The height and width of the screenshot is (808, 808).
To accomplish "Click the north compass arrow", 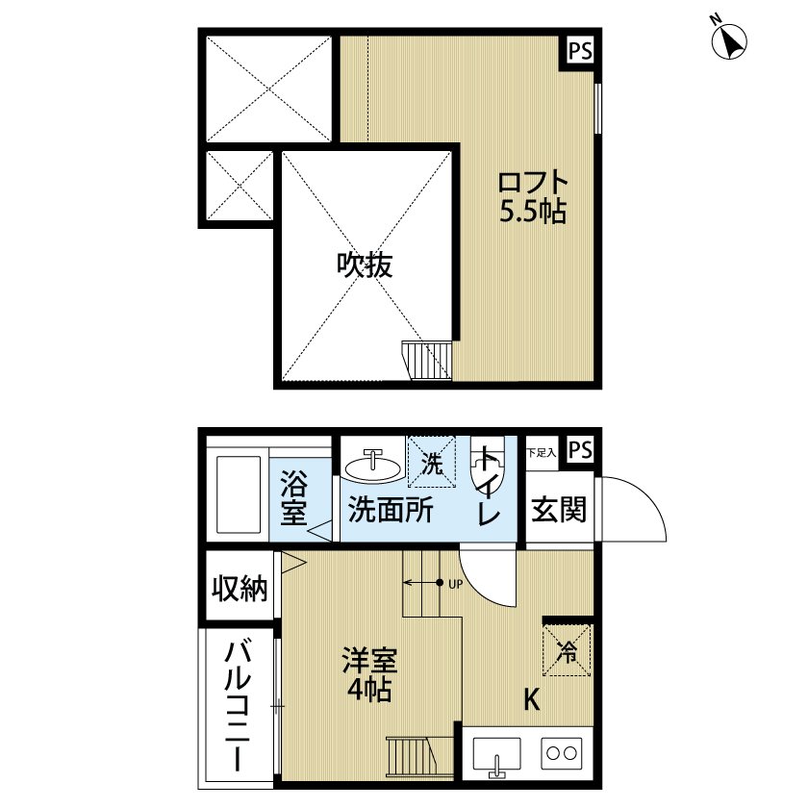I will tap(730, 39).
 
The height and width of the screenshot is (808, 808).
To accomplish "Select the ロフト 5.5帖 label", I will tap(532, 196).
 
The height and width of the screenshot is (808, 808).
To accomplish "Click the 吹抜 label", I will tap(365, 265).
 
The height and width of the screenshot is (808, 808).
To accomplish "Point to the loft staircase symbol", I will tap(426, 362).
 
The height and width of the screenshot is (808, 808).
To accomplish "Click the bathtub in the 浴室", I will tap(236, 493).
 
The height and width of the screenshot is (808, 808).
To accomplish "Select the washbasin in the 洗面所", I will tap(374, 468).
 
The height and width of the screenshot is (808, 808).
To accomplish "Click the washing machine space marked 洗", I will tap(434, 463).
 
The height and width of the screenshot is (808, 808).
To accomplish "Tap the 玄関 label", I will tap(559, 509).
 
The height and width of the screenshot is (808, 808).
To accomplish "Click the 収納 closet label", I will tap(240, 589).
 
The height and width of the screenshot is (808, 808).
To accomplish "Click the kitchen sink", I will tap(495, 754).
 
